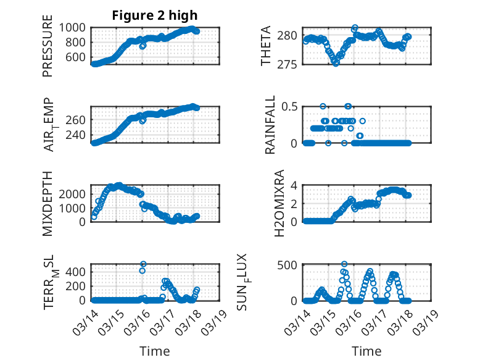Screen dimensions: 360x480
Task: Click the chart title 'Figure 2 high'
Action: tap(155, 15)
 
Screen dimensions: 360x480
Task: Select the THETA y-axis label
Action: tap(266, 46)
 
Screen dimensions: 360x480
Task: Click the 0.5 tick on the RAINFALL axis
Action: tap(291, 106)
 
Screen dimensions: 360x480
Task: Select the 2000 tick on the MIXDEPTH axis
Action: tap(74, 194)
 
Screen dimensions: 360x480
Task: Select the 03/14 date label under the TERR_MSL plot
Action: tap(86, 320)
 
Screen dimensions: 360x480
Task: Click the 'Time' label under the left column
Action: tap(155, 351)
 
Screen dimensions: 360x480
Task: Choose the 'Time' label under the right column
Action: tap(366, 351)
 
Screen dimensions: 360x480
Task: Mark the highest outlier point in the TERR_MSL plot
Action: tap(143, 264)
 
